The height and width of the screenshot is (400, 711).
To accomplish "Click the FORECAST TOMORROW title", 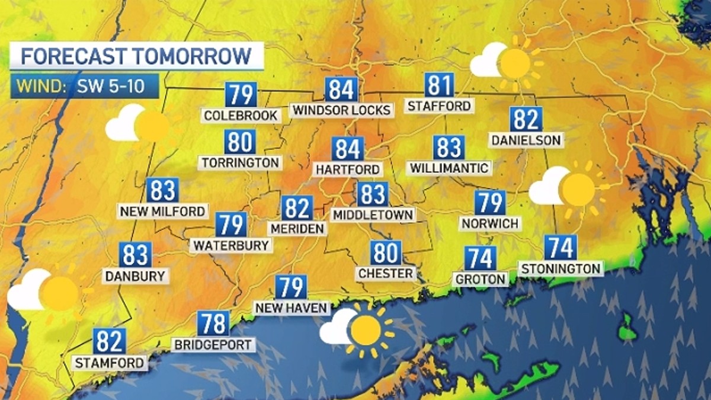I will tap(136, 56).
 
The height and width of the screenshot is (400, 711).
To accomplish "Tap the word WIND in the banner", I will tap(40, 87).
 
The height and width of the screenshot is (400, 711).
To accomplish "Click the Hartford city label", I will tap(348, 169).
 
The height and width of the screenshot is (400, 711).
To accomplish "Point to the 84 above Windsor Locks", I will tap(342, 89).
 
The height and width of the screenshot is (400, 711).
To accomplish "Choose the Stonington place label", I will tap(561, 268).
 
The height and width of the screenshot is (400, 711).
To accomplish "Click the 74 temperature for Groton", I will tap(480, 258).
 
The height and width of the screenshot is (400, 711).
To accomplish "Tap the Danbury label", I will tap(135, 276).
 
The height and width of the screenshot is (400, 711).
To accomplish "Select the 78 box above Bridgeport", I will tap(213, 324).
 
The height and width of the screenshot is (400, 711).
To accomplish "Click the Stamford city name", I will tap(109, 362).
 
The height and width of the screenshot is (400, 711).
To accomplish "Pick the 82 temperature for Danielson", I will tap(526, 120).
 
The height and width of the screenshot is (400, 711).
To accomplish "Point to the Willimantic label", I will tap(450, 168).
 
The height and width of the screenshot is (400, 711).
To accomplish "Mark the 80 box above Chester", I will tap(386, 253).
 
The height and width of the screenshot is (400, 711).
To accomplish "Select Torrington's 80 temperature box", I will tap(240, 142).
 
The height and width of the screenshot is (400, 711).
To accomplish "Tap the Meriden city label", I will tap(297, 228).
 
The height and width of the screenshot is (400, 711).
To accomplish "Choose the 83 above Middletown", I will tap(373, 194).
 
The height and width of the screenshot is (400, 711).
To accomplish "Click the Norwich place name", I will tap(491, 223).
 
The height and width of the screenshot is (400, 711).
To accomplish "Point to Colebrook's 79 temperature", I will tap(240, 95).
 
